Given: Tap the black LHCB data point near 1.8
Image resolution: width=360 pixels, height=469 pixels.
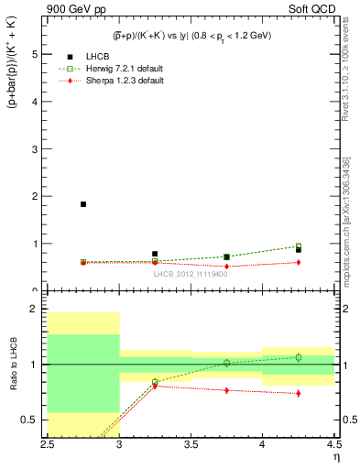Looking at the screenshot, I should pos(83,204).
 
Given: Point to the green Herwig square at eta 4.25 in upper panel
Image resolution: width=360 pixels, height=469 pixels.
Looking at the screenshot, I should pos(299,245).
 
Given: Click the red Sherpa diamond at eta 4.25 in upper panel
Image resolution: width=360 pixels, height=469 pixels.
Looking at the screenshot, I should pos(299,262).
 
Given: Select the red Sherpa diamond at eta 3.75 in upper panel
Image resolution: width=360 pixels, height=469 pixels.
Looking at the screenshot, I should pos(226,267).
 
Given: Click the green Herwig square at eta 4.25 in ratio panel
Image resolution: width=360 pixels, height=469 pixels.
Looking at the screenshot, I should pos(299,357).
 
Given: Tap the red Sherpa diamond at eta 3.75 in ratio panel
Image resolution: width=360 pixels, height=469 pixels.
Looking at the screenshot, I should pos(226,390).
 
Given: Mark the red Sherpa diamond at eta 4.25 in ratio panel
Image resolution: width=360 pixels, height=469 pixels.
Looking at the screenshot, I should pos(299,394).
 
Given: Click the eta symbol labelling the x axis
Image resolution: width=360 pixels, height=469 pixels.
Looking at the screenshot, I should pos(335,457).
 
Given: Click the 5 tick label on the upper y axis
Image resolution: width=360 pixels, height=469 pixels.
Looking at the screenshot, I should pos(35,54).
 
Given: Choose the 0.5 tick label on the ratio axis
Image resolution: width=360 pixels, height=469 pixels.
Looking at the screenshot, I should pos(30,420).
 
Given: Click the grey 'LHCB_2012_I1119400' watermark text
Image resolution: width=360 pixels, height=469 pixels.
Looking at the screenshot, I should pos(191,273).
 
